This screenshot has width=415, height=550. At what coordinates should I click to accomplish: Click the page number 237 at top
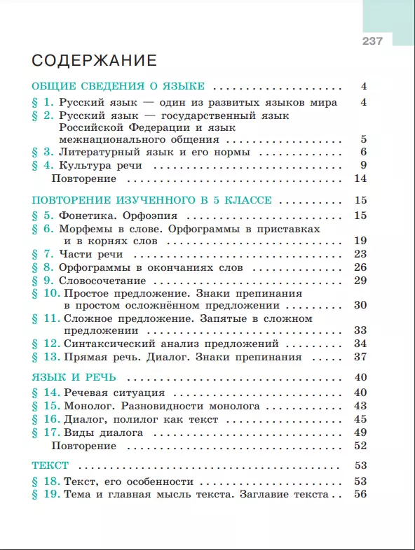click(x=372, y=41)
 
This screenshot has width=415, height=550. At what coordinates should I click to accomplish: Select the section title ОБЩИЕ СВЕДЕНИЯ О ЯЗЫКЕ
click(x=118, y=87)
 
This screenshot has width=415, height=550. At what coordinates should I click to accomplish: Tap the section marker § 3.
click(x=43, y=152)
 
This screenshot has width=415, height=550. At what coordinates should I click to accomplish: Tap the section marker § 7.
click(x=43, y=253)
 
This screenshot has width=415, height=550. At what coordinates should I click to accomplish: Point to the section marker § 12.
click(x=46, y=344)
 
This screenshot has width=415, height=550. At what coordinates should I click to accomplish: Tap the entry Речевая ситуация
click(x=114, y=393)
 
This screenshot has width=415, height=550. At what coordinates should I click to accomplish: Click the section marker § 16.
click(x=46, y=419)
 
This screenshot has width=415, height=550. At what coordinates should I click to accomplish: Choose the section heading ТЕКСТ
click(x=50, y=465)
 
